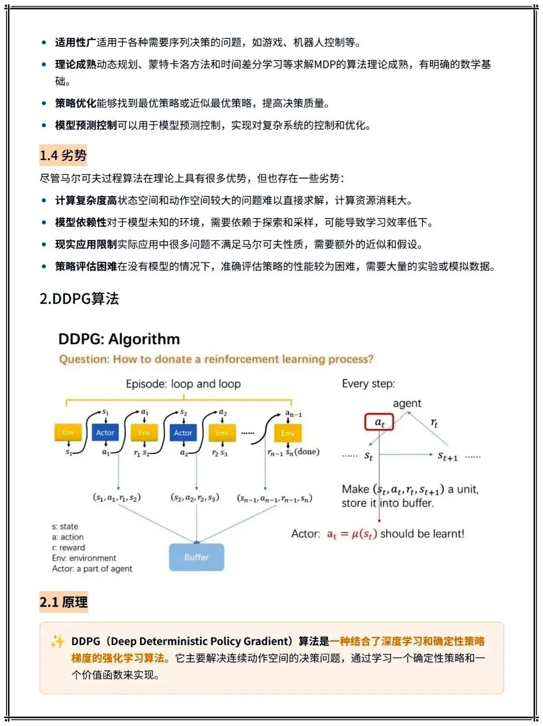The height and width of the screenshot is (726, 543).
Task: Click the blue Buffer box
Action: (196, 557)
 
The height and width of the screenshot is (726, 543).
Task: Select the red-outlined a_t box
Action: (379, 423)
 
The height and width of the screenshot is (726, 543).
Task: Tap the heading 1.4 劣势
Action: (63, 155)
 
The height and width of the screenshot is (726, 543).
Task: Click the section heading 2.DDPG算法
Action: (79, 299)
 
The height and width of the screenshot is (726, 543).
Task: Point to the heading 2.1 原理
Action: (64, 602)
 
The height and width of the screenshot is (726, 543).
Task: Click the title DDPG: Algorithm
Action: (119, 339)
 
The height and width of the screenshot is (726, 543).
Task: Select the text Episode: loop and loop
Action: (183, 384)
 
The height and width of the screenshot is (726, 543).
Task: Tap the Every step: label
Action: (369, 384)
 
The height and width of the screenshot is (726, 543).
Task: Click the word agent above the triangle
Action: (407, 404)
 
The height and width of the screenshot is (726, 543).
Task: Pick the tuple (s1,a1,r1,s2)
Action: (117, 498)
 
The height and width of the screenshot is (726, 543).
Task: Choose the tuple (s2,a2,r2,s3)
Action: (195, 498)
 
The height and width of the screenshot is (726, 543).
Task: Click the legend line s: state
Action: (65, 526)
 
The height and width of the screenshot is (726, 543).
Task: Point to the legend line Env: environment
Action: (84, 558)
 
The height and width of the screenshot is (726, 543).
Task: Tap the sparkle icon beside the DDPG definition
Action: (57, 641)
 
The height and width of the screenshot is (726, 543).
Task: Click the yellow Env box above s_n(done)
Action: (288, 433)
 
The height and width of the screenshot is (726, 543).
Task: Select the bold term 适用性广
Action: (75, 42)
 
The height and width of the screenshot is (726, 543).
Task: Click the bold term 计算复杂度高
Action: (86, 201)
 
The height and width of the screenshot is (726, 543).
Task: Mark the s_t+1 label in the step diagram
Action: (447, 456)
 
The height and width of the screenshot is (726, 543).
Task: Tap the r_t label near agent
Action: (434, 424)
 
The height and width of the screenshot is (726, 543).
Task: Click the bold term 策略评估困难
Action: (86, 266)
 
